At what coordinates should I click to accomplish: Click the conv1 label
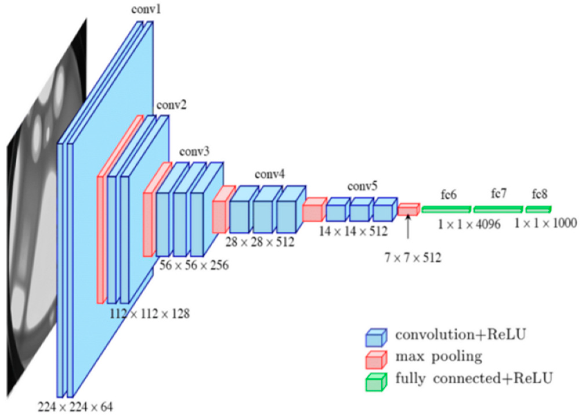pyautogui.click(x=146, y=9)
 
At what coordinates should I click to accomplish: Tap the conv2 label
pyautogui.click(x=171, y=105)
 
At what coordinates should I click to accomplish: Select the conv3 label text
pyautogui.click(x=194, y=152)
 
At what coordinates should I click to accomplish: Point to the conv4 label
pyautogui.click(x=270, y=174)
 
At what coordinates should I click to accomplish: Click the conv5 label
pyautogui.click(x=362, y=186)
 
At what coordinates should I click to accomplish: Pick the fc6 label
pyautogui.click(x=449, y=195)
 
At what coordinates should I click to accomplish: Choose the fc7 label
pyautogui.click(x=499, y=194)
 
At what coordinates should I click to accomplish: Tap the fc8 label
pyautogui.click(x=540, y=194)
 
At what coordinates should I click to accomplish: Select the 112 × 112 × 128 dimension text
pyautogui.click(x=150, y=314)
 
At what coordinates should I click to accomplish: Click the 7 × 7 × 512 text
pyautogui.click(x=413, y=258)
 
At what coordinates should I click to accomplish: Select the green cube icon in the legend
pyautogui.click(x=376, y=382)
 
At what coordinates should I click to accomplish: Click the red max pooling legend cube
pyautogui.click(x=376, y=360)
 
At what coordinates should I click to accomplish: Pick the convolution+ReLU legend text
pyautogui.click(x=460, y=335)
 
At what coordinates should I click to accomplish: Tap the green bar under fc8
pyautogui.click(x=538, y=209)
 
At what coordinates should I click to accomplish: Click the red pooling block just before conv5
pyautogui.click(x=314, y=210)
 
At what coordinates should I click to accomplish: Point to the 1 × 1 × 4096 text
pyautogui.click(x=469, y=224)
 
